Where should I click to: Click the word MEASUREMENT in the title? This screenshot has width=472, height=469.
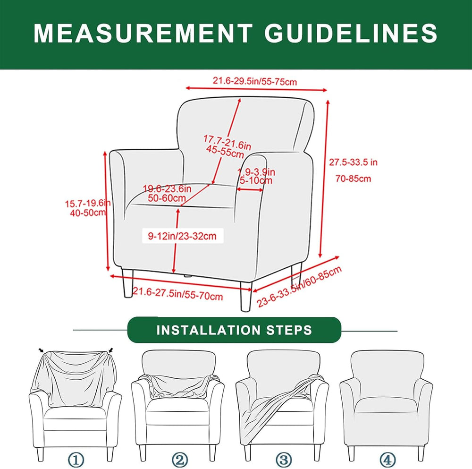tap(143, 33)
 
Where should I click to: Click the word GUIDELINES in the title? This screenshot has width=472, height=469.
tap(351, 33)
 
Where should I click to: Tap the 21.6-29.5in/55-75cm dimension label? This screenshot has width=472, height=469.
tap(255, 81)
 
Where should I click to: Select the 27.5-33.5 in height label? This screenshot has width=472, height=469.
tap(353, 162)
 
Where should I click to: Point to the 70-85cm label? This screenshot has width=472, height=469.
tap(353, 179)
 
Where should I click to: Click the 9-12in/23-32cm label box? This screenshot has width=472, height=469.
tap(182, 236)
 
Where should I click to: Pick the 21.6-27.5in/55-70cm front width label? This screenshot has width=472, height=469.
tap(177, 294)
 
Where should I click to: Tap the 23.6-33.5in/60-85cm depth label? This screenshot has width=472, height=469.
tap(299, 287)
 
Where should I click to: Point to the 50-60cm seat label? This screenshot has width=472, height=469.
tap(167, 198)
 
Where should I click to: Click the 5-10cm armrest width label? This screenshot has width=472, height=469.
tap(256, 180)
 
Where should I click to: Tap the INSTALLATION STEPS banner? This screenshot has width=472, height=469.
tap(234, 330)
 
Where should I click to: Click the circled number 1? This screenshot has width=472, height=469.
tap(76, 460)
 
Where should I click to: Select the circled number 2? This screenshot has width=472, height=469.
tap(180, 460)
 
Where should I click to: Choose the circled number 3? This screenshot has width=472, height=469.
tap(284, 460)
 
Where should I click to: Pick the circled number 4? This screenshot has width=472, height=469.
tap(388, 460)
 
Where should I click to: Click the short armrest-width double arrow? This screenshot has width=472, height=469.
tap(250, 189)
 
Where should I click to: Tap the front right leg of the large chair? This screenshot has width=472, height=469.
tap(245, 296)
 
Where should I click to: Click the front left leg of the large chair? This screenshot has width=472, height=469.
tap(127, 283)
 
